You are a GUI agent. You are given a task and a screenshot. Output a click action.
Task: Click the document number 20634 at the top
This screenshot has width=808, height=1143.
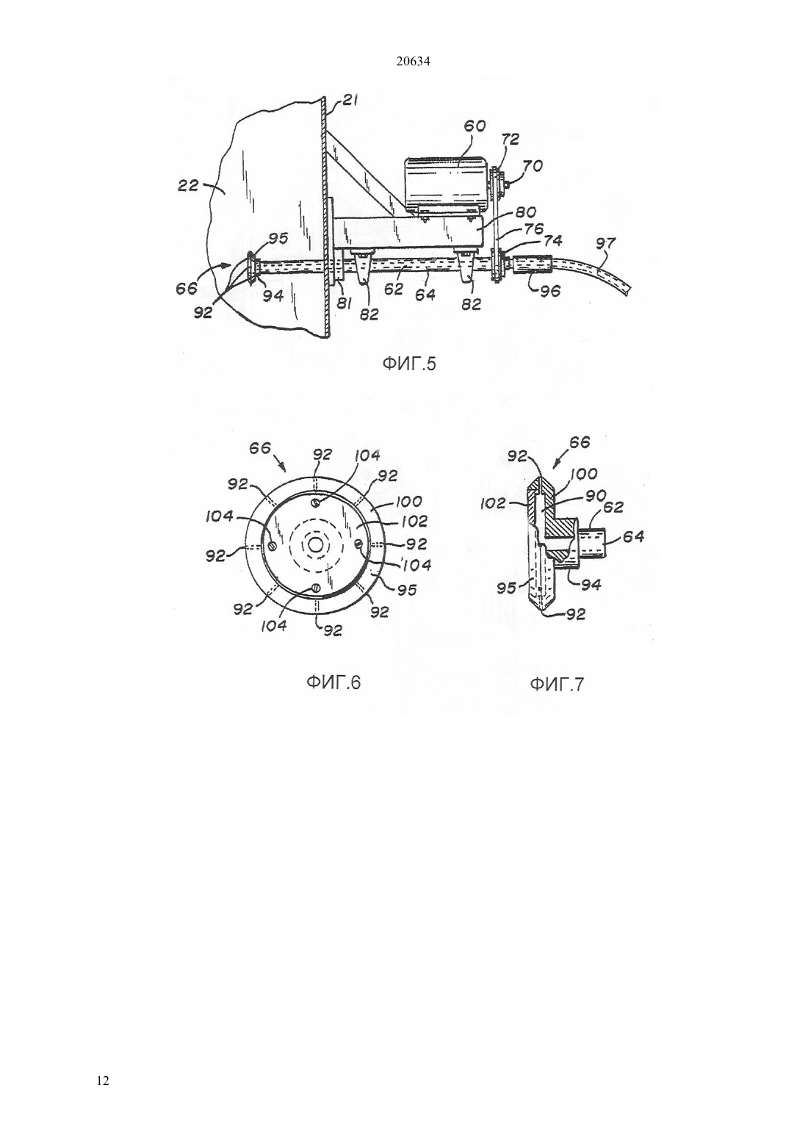pos(413,62)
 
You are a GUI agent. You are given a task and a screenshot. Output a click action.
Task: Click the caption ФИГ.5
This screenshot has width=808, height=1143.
pos(409,364)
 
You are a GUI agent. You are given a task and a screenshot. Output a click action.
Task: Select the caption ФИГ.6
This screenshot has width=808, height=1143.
pos(333,682)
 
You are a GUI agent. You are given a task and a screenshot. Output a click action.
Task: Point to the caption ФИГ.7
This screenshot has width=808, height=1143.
pos(557,684)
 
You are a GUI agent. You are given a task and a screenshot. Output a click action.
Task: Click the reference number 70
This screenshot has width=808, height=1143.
pos(533,166)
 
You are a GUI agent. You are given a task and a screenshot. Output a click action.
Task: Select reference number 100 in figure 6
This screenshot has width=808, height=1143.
pos(408,502)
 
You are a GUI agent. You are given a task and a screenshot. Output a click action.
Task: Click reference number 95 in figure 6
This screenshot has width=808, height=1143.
pos(407,590)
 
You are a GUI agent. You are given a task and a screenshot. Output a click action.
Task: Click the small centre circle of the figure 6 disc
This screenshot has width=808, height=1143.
pos(315,545)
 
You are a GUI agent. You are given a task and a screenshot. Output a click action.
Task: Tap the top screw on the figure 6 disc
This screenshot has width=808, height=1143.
pos(316,503)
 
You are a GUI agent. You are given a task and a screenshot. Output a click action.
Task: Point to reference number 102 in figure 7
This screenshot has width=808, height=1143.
pos(493,504)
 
